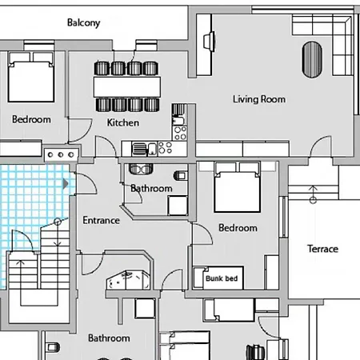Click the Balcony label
pos(83,23)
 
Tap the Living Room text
pos(259,100)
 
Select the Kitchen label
pos(123,122)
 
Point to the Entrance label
pos(101,220)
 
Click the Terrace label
pos(322,249)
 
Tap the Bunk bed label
pos(222,279)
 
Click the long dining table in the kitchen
pos(128,86)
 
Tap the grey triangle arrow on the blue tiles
pos(66,184)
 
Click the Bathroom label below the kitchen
pos(151,189)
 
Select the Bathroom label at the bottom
pos(109,338)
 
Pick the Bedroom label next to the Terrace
pos(238,228)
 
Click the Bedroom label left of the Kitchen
pos(31,119)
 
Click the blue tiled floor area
pos(28,200)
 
